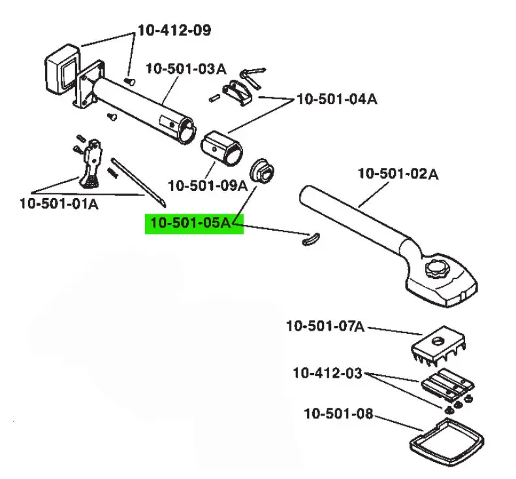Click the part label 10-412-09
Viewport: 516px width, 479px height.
tap(174, 30)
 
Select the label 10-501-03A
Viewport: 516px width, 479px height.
tap(186, 69)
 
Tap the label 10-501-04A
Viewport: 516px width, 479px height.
tap(337, 99)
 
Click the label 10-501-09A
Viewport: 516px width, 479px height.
tap(208, 186)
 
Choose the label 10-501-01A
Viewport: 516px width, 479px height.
tap(59, 203)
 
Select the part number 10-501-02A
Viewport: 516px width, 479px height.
tap(398, 173)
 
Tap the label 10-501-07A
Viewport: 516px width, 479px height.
tap(326, 326)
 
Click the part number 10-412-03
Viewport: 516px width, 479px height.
tap(327, 373)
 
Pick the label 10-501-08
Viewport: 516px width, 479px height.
tap(338, 414)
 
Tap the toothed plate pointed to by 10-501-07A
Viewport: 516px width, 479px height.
tap(438, 346)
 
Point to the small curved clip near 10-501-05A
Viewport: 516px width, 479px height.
tap(310, 239)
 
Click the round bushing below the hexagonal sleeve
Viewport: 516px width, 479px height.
tap(262, 171)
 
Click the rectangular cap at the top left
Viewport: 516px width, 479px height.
tap(63, 69)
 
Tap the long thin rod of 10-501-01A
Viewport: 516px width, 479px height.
tap(138, 183)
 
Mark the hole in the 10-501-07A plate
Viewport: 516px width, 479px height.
tap(437, 341)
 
